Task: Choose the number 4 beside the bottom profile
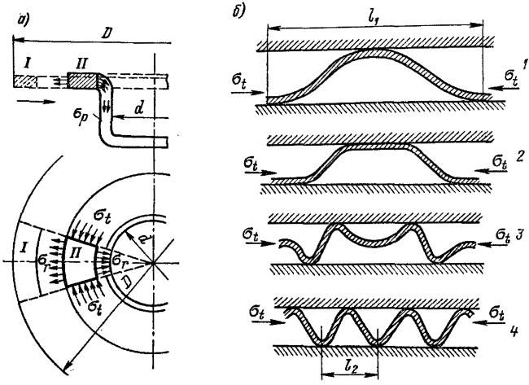(x=514, y=330)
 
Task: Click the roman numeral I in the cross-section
(x=28, y=63)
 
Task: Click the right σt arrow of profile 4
(x=489, y=322)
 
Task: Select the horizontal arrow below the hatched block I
(x=36, y=101)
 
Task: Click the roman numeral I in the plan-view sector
(x=24, y=249)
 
